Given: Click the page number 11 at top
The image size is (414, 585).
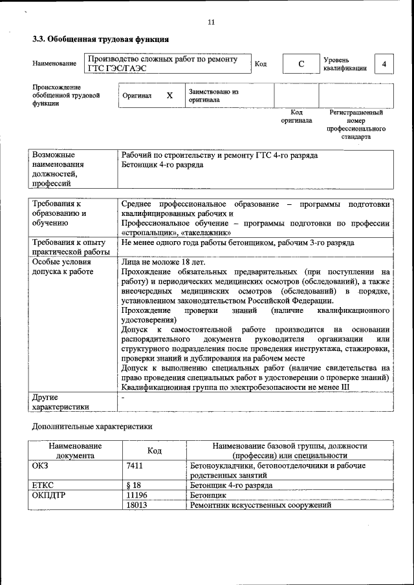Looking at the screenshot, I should [211, 22].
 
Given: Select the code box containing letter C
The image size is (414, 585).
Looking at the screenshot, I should [301, 65].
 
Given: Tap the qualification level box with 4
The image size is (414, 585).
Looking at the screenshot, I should [384, 65].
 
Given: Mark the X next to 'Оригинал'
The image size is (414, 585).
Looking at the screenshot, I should [169, 96].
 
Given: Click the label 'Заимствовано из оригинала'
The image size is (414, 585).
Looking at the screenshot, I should [213, 96].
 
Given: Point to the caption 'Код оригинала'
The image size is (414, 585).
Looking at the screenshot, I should [296, 116].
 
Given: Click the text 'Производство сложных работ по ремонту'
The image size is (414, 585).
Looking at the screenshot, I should [162, 59].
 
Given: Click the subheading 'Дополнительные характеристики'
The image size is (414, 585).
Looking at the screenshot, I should [93, 427].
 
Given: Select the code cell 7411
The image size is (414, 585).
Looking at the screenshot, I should [135, 465].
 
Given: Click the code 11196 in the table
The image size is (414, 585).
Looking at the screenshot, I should [137, 495].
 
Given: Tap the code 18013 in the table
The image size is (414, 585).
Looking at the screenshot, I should [137, 504].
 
